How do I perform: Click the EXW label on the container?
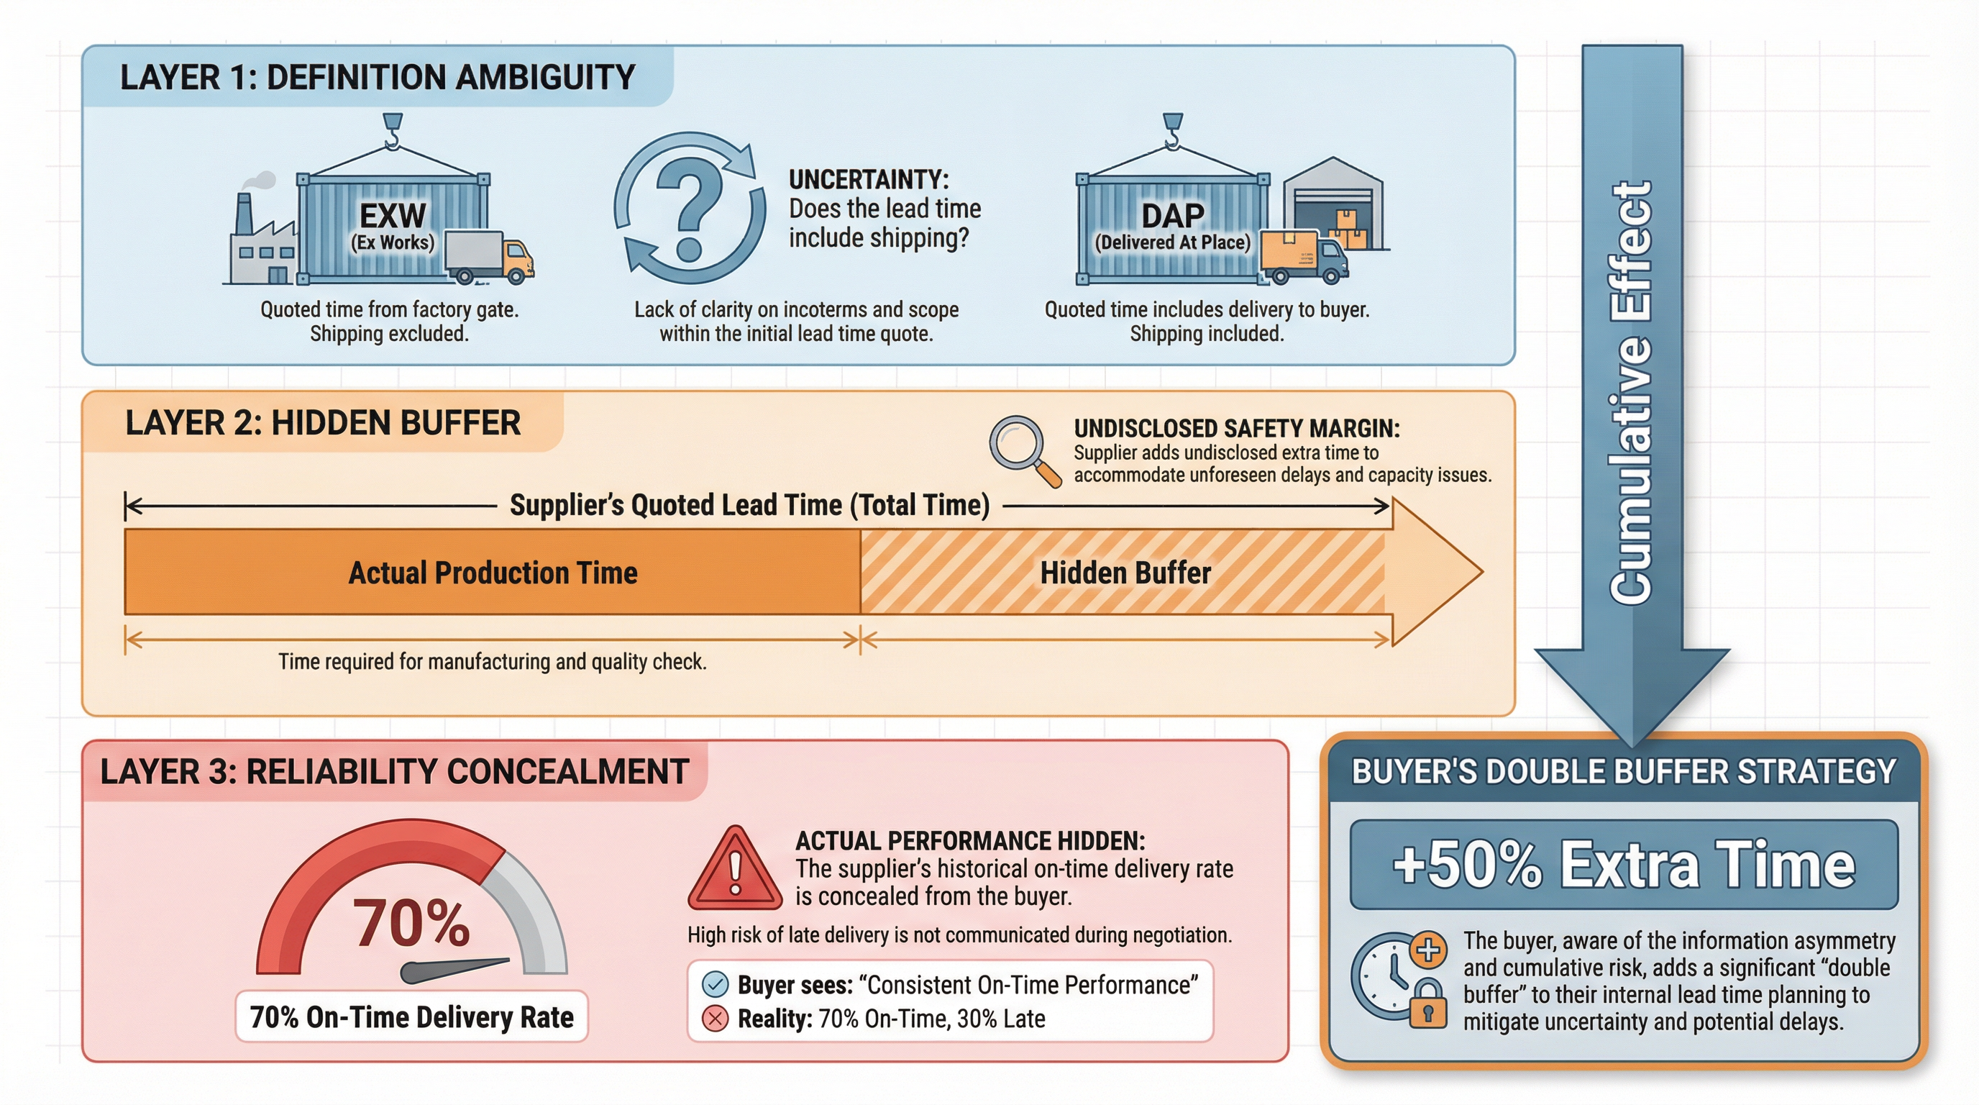393,216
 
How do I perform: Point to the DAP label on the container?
1172,216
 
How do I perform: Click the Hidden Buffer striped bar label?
1125,573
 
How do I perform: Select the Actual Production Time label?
493,573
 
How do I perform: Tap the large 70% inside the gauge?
411,922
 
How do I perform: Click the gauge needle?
453,970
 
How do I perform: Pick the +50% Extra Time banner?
1623,865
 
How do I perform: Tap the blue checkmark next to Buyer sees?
716,984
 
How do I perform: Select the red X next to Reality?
716,1019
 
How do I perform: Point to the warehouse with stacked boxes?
1335,204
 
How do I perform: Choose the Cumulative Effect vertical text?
1630,392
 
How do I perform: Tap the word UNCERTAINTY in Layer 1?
868,180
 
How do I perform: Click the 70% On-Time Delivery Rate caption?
411,1017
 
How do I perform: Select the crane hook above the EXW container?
393,131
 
